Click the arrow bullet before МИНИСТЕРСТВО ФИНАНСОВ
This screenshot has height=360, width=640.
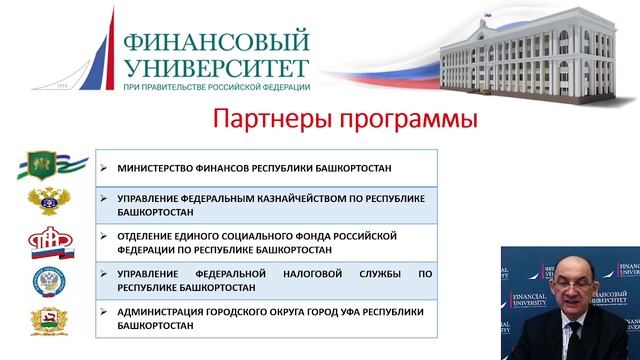[105, 168]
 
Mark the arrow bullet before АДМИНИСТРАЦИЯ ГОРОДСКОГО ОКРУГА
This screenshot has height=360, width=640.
[105, 311]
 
